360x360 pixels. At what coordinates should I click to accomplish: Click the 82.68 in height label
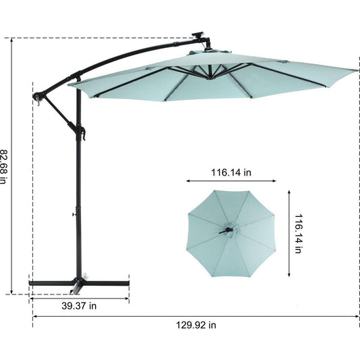(3, 167)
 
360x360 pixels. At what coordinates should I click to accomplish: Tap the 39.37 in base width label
(79, 306)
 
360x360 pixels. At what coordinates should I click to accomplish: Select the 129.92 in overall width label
(196, 325)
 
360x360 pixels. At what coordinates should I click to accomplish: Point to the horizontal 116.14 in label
(231, 172)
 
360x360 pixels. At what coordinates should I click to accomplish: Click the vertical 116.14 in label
(299, 234)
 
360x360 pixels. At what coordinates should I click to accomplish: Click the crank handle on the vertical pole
(82, 133)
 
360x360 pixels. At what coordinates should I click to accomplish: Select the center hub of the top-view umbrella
(232, 230)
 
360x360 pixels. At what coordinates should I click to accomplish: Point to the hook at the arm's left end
(37, 99)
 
